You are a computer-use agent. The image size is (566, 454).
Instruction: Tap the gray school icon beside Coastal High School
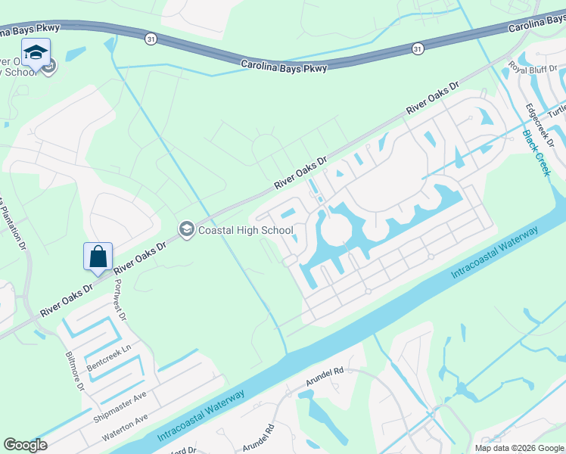click(186, 229)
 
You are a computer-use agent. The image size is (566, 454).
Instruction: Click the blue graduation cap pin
click(36, 52)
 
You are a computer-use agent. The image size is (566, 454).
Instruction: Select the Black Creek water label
click(536, 154)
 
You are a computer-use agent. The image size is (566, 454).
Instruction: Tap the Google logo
click(25, 445)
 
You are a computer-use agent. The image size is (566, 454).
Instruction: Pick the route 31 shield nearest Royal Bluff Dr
click(418, 48)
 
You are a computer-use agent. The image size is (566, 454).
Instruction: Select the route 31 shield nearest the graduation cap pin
click(152, 38)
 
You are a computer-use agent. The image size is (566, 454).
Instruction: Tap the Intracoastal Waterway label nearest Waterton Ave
click(201, 417)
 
